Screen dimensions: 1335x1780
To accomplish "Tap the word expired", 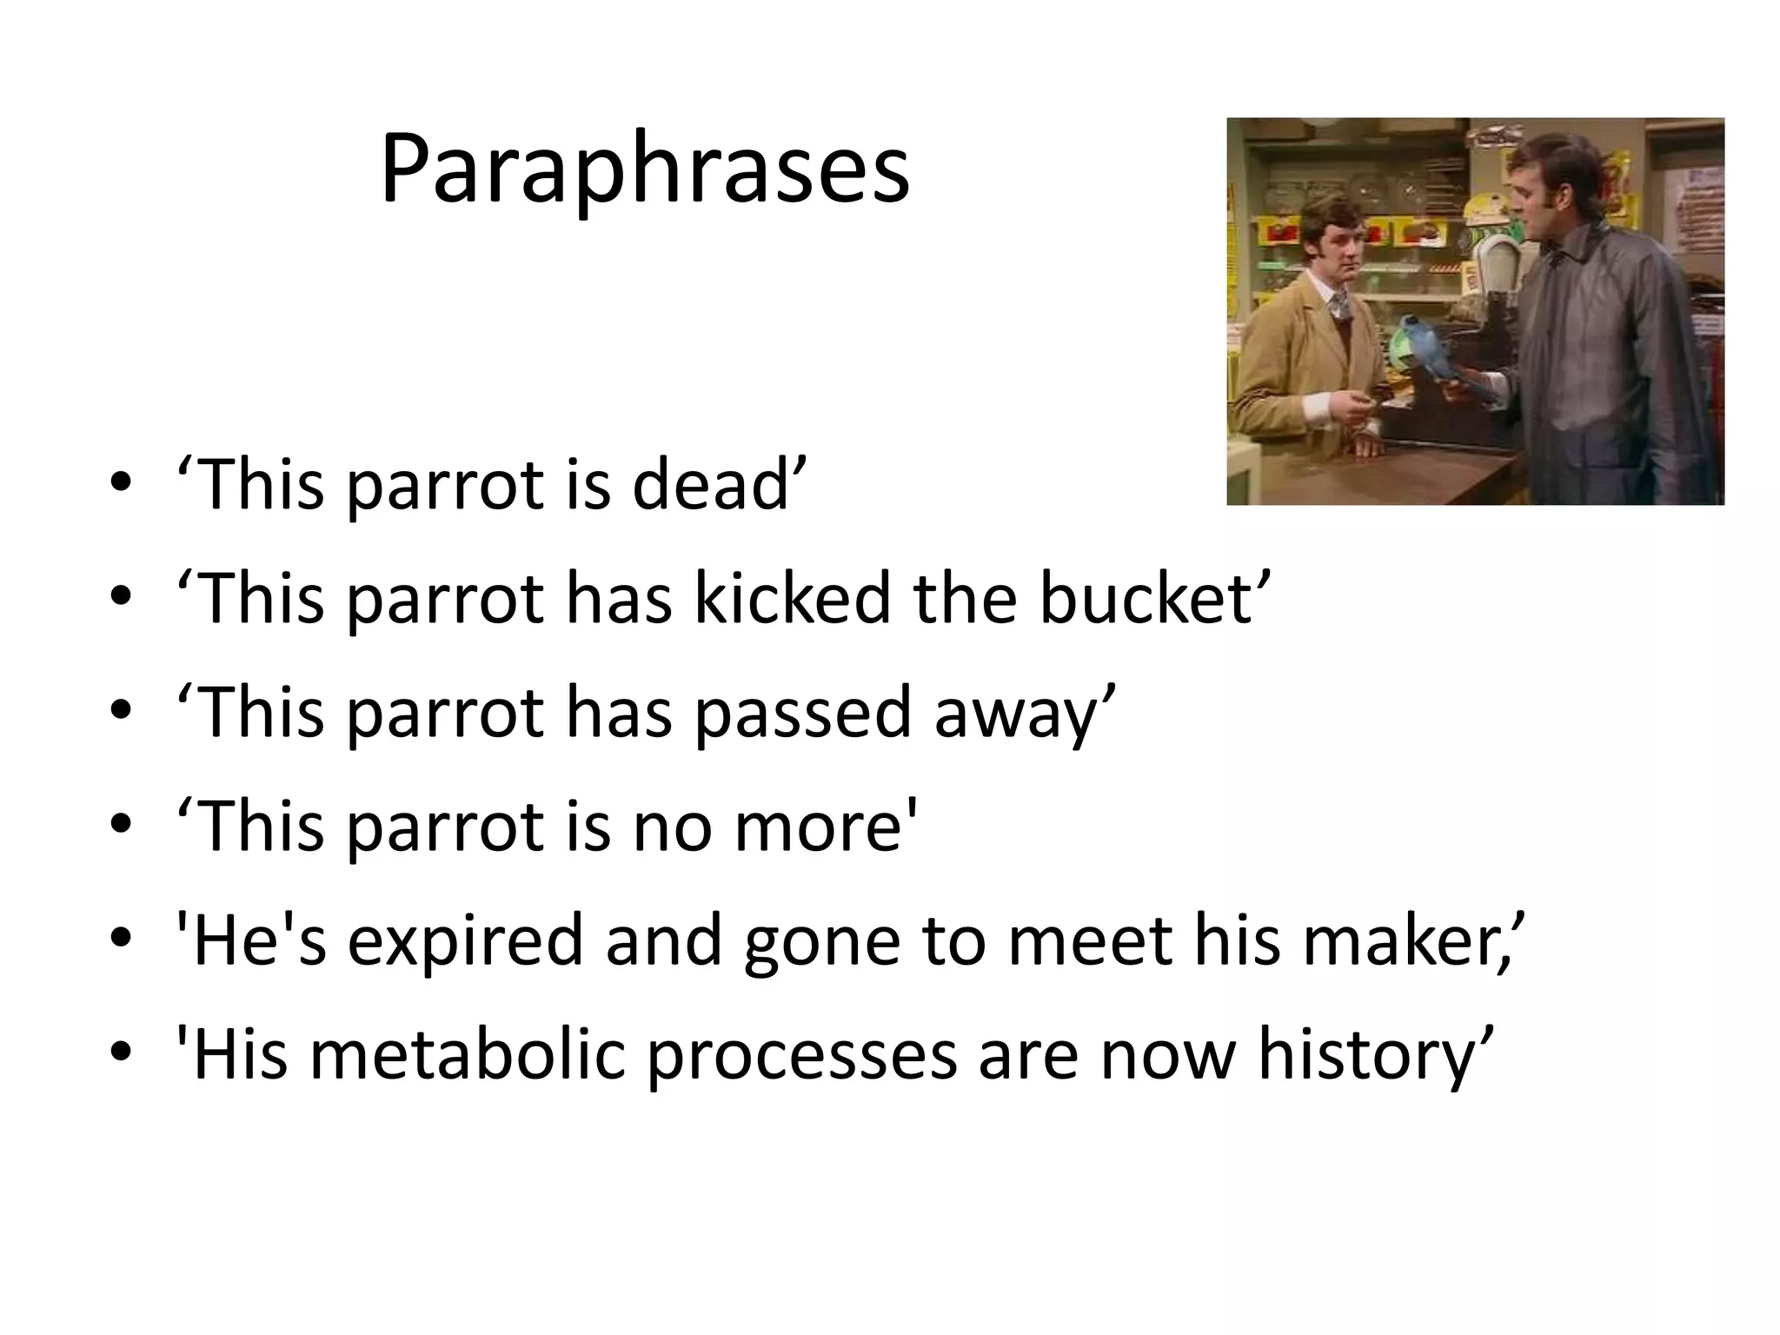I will pos(465,941).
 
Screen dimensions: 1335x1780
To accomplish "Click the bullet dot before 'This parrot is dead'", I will pos(121,483).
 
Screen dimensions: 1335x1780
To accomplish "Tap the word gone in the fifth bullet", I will pos(820,941).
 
